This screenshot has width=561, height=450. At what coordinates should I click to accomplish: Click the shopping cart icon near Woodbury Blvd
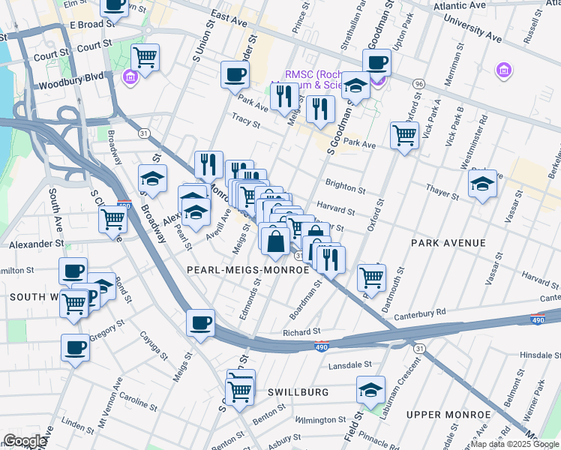pos(145,55)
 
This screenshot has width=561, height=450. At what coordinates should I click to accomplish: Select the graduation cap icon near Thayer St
pos(482,184)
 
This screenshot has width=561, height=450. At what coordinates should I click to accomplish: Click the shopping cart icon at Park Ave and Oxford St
pos(404,135)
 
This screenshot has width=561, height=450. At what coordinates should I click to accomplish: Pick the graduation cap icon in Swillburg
pos(370,389)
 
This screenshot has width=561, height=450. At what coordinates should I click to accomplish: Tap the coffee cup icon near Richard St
pos(200,322)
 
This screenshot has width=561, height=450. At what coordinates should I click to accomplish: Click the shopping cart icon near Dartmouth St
pos(371,277)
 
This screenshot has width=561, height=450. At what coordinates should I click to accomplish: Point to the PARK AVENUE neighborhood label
pos(448,244)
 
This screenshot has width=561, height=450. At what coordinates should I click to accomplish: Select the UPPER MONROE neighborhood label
pos(448,414)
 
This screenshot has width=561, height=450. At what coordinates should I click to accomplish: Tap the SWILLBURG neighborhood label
pos(298,392)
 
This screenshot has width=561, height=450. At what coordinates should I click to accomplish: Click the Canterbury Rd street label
pos(419,311)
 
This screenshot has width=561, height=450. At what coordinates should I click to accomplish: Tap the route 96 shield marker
pos(418,84)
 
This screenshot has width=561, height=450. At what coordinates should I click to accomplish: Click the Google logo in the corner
pos(25,441)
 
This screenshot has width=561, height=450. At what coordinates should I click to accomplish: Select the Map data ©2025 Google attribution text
pos(514,444)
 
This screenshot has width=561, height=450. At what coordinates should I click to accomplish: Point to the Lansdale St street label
pos(352,364)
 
